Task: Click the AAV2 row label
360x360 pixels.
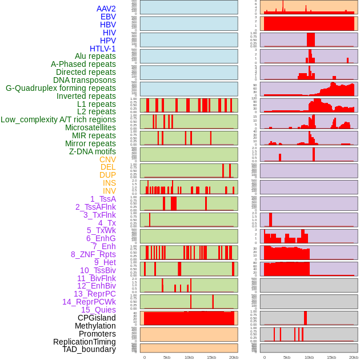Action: click(106, 9)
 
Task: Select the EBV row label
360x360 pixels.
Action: click(108, 17)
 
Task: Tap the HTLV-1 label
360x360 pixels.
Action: click(103, 49)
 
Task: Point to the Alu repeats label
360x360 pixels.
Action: click(95, 56)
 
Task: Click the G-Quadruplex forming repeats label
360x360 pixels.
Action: click(61, 88)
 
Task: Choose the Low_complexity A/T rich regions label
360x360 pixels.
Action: click(58, 119)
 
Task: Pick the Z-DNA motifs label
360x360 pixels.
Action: click(93, 151)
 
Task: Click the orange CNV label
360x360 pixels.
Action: click(107, 159)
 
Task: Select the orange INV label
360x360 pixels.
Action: click(109, 191)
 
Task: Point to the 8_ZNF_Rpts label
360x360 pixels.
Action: click(93, 254)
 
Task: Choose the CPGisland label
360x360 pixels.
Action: click(97, 318)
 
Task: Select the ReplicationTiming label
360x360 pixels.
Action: click(85, 342)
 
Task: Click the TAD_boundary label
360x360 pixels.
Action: click(89, 349)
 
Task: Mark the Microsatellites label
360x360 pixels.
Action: click(90, 127)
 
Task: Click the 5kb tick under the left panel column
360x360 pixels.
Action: click(167, 357)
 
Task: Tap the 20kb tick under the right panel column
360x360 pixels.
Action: click(354, 357)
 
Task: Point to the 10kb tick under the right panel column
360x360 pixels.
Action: click(309, 357)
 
